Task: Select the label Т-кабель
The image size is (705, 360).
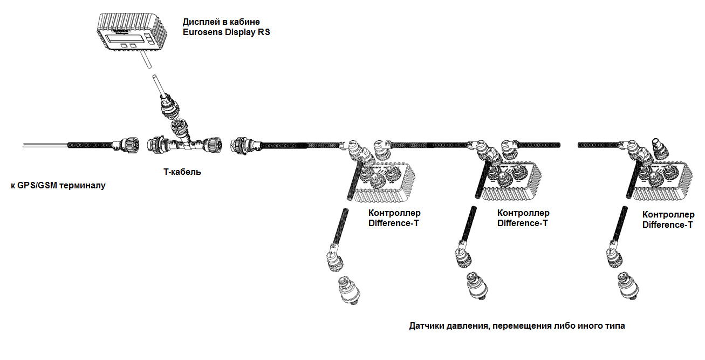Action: click(x=182, y=172)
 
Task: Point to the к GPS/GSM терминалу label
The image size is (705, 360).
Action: click(x=58, y=186)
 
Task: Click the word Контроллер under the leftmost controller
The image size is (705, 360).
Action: click(x=394, y=213)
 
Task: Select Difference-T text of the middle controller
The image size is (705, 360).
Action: click(x=522, y=223)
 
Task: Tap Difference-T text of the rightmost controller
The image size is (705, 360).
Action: click(x=667, y=225)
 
